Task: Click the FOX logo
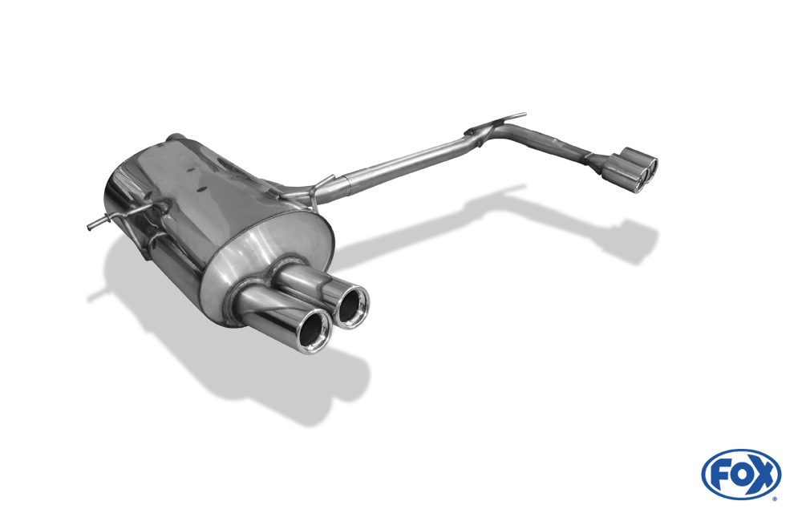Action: point(741,475)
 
